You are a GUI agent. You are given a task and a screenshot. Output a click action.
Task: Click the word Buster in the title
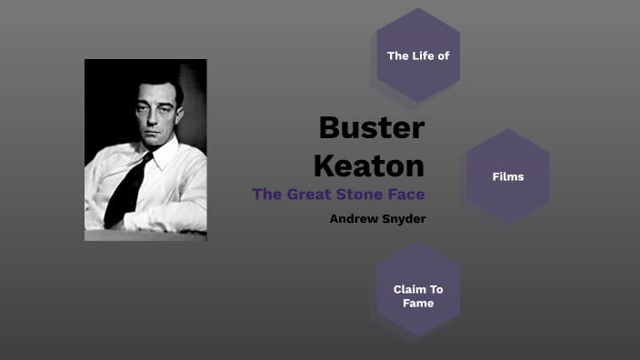(371, 128)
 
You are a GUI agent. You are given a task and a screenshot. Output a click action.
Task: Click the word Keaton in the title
(369, 165)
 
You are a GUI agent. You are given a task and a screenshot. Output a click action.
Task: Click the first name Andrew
(353, 218)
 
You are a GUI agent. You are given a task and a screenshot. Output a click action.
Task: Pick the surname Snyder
(403, 218)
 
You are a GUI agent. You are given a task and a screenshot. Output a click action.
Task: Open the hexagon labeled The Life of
(418, 55)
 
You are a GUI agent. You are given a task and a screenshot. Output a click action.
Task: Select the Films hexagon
(508, 176)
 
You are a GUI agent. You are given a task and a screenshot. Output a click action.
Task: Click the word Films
(508, 176)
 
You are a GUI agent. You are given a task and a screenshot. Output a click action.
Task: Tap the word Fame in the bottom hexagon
(418, 303)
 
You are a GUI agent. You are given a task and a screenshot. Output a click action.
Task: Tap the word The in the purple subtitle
(266, 194)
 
